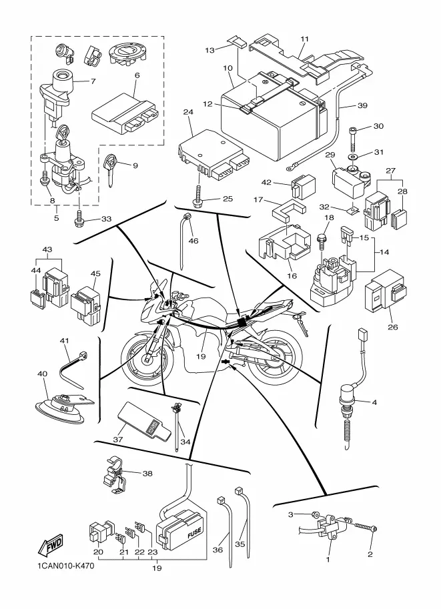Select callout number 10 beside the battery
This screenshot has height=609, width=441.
coord(228,68)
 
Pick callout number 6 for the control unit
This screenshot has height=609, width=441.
coord(136,75)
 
